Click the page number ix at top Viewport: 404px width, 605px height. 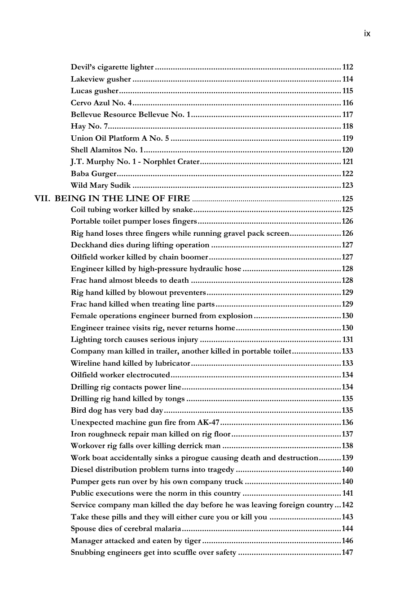[367, 34]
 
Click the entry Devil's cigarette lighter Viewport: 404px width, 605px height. [112, 67]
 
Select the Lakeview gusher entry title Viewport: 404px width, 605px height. [101, 79]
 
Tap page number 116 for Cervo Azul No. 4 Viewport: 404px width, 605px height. [347, 103]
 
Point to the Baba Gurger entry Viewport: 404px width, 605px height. [93, 173]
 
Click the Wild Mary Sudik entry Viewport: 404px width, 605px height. [101, 186]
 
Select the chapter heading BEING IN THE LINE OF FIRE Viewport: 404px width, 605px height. [122, 198]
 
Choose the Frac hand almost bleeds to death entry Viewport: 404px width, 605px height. [130, 281]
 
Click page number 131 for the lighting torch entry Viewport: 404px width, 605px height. [347, 340]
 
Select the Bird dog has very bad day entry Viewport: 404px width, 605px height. [117, 411]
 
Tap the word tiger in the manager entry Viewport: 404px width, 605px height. [193, 540]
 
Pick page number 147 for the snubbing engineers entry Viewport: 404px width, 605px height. [347, 552]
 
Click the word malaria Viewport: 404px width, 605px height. [167, 529]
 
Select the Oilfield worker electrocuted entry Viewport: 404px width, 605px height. [120, 375]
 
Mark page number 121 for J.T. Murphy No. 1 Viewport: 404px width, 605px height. [347, 162]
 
